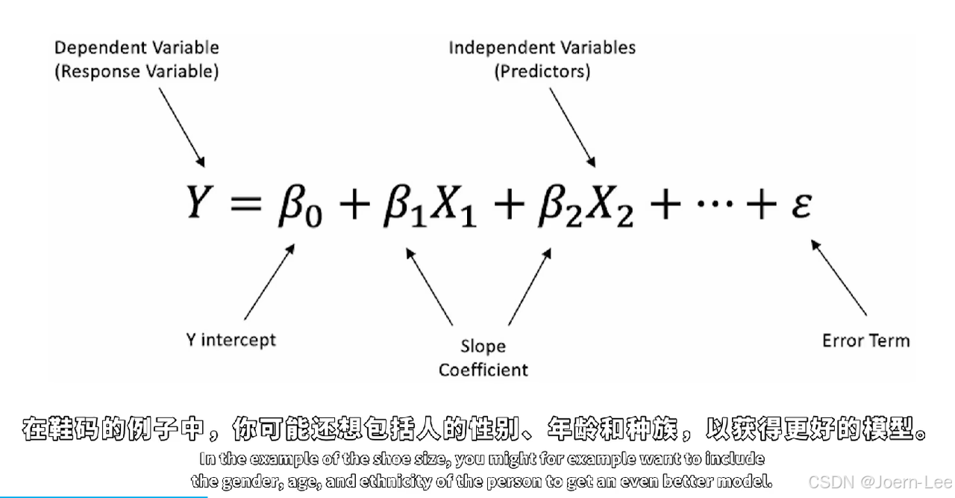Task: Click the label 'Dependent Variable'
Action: coord(137,48)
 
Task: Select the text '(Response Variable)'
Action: coord(137,72)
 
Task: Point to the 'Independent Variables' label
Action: coord(542,48)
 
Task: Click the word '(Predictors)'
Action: coord(542,72)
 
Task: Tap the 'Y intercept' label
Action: coord(231,340)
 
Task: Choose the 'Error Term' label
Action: coord(865,340)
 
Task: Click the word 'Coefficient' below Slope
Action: coord(483,370)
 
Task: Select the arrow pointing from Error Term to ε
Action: coord(839,277)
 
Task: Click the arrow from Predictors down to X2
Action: coord(573,128)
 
